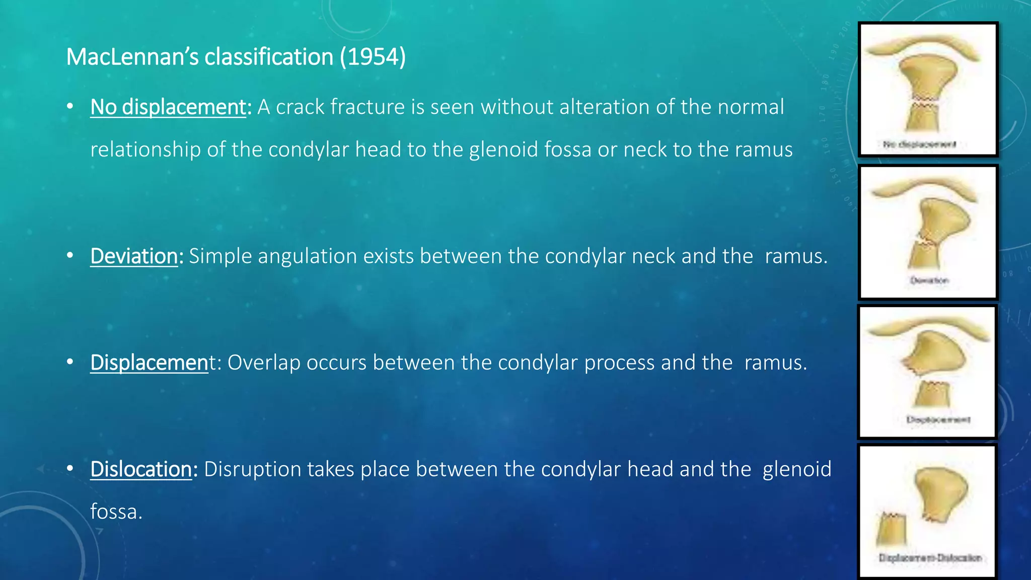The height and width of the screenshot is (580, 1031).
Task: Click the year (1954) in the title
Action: click(373, 57)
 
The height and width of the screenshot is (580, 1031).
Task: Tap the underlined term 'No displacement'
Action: click(168, 107)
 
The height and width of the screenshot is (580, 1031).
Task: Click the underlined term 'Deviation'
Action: click(134, 256)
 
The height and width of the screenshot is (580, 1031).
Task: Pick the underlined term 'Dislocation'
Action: click(141, 469)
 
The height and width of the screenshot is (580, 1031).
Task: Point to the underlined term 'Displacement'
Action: click(149, 362)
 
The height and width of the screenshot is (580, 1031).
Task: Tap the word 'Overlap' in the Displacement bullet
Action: click(264, 362)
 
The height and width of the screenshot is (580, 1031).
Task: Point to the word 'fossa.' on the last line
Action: click(116, 512)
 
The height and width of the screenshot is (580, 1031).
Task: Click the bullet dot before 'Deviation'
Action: click(70, 255)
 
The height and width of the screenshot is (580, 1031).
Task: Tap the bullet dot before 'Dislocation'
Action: click(70, 468)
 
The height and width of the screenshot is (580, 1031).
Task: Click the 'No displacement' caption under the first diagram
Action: click(919, 144)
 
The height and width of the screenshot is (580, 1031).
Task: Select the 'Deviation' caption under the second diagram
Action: click(929, 280)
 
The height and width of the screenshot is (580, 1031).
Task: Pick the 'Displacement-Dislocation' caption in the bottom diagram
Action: click(930, 558)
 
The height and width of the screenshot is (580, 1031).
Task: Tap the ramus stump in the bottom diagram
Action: click(891, 530)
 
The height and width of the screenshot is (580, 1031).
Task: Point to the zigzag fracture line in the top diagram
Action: click(925, 101)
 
